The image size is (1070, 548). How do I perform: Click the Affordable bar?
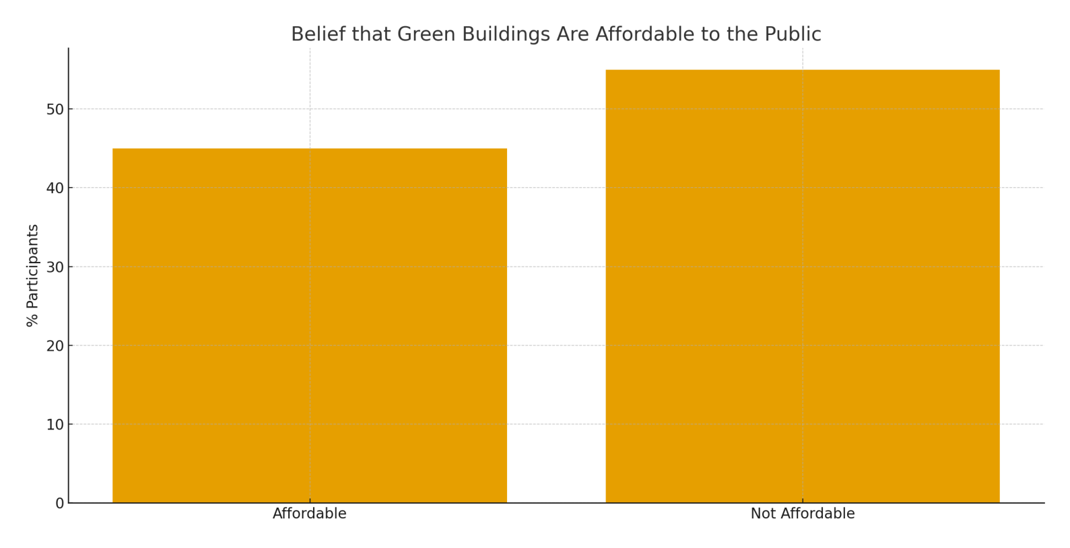[310, 326]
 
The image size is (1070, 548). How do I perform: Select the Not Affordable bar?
[802, 286]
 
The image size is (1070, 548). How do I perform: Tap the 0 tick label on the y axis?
[60, 504]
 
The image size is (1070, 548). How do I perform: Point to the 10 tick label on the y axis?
[55, 425]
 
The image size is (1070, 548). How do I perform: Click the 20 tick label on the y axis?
[55, 346]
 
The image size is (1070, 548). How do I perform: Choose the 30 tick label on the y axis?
[55, 267]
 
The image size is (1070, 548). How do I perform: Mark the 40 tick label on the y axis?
[55, 189]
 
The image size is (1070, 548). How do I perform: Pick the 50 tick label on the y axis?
[55, 110]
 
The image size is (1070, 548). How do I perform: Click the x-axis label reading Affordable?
[310, 514]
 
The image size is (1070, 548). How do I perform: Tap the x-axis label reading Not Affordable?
[802, 514]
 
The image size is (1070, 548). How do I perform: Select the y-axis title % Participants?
[32, 275]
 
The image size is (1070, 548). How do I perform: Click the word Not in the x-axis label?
[762, 514]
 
